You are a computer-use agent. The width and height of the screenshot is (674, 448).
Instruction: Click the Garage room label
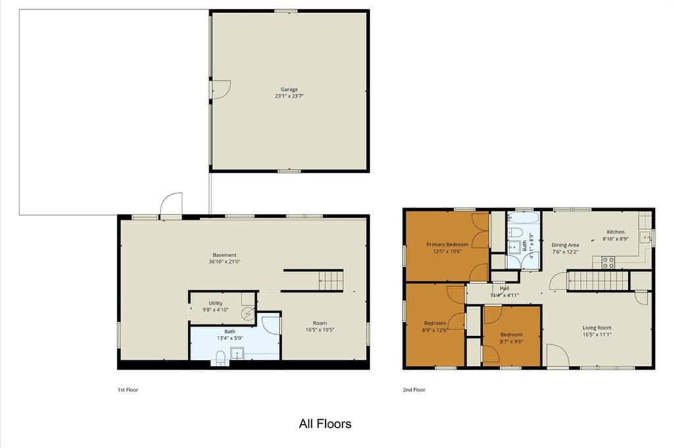(x=290, y=89)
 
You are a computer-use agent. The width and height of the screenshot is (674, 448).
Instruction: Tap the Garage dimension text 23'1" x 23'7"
(x=290, y=96)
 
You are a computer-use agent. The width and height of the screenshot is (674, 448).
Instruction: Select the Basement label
(x=224, y=255)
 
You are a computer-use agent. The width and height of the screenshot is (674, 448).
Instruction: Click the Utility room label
(x=215, y=303)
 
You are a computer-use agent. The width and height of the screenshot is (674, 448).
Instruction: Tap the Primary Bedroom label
(x=447, y=245)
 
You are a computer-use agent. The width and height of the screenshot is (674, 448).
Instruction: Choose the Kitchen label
(x=615, y=232)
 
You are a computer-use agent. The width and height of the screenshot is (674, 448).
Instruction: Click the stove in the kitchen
(x=608, y=262)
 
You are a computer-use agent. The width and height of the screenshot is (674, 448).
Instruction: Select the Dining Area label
(x=565, y=245)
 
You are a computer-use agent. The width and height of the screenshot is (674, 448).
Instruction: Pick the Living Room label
(x=596, y=328)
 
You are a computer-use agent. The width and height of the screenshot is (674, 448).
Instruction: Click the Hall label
(x=505, y=289)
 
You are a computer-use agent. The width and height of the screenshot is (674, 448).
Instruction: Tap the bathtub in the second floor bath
(x=523, y=217)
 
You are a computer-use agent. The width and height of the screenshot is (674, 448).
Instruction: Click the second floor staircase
(x=598, y=281)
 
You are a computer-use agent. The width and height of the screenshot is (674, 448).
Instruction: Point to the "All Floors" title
(x=325, y=424)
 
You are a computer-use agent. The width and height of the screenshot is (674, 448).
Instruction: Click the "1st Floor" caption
(x=128, y=390)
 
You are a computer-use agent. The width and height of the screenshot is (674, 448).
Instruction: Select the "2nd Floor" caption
(x=414, y=390)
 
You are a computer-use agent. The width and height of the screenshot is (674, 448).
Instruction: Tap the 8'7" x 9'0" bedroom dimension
(x=511, y=342)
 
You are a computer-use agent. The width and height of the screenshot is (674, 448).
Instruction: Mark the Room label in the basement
(x=320, y=323)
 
